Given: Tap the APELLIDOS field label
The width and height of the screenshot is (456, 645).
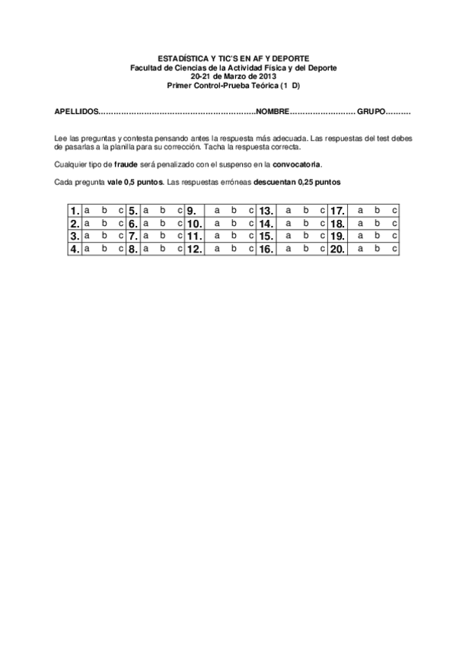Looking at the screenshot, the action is [x=77, y=112].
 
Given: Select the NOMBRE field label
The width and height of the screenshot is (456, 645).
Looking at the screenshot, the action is [x=273, y=112].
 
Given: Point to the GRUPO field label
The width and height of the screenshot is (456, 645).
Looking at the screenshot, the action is [x=371, y=112].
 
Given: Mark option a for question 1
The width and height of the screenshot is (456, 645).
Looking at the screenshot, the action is [x=87, y=210].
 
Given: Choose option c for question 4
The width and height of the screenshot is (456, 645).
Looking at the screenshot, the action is [x=120, y=248].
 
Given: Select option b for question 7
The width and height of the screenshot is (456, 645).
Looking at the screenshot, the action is [x=162, y=236].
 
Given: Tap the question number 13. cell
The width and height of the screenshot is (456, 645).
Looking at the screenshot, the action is [x=266, y=211].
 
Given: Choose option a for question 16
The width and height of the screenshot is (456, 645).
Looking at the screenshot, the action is [x=288, y=248].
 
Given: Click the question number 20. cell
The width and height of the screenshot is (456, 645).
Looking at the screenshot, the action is [x=338, y=249].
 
